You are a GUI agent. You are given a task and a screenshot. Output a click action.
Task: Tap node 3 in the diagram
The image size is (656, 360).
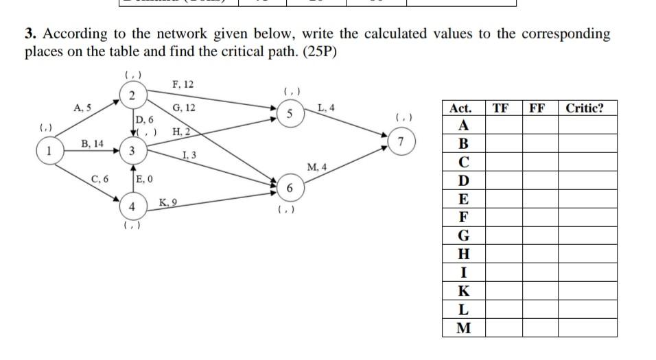coord(132,151)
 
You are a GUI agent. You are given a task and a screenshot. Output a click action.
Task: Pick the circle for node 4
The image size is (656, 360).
coord(132,206)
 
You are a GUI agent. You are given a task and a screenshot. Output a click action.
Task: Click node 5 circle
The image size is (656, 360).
coord(290,115)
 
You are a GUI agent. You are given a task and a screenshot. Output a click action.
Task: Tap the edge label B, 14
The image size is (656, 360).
coord(92,144)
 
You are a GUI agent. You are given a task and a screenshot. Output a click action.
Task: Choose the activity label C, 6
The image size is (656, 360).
coord(100,180)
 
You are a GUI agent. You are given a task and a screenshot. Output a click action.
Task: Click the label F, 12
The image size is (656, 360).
coord(183,84)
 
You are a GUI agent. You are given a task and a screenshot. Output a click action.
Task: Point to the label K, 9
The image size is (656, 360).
coord(169,202)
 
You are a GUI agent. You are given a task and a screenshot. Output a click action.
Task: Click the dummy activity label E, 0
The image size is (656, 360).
coord(145,180)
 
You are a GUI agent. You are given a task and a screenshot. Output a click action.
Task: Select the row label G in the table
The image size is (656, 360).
coord(464,235)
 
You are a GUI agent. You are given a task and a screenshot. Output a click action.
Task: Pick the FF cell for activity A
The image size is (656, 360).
coord(539,126)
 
